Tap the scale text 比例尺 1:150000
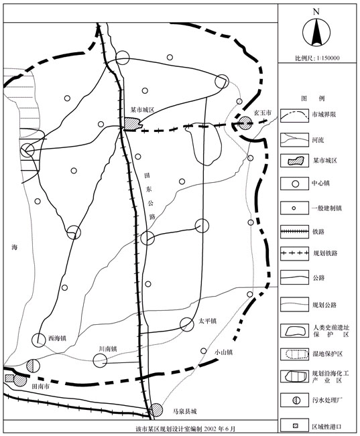[318, 58]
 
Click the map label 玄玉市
[262, 114]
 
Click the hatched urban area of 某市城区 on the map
[132, 123]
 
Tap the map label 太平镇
[208, 321]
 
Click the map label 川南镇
[107, 349]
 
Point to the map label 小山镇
[223, 352]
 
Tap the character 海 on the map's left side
[14, 247]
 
